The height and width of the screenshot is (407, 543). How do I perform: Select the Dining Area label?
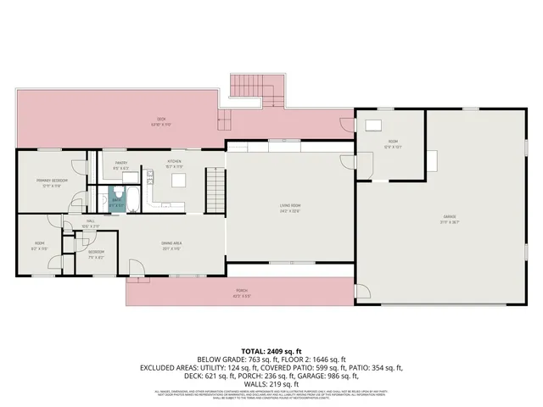click(x=173, y=247)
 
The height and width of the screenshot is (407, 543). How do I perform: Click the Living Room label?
click(x=291, y=207)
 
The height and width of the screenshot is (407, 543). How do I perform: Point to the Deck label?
click(x=159, y=121)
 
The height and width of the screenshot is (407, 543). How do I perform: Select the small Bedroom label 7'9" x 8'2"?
click(x=96, y=254)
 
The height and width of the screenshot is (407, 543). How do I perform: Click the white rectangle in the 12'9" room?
click(x=372, y=125)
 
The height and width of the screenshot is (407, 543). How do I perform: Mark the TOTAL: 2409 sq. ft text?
click(x=271, y=350)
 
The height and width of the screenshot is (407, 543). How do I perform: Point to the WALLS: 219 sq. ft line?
click(x=271, y=384)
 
